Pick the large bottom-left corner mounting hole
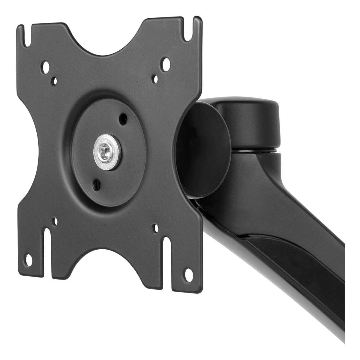(29, 258)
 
